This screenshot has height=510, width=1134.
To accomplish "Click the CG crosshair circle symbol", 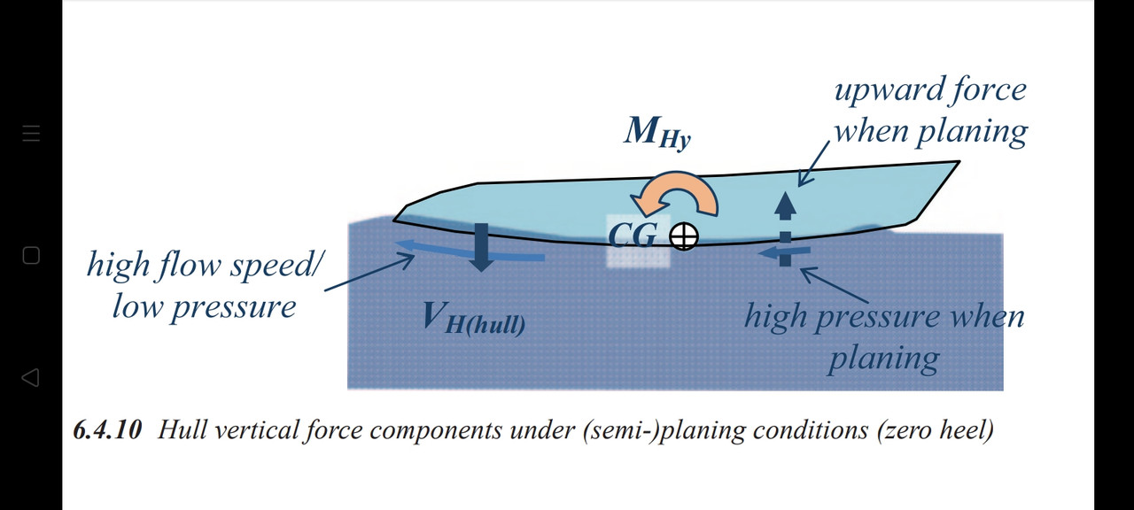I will point(683,236).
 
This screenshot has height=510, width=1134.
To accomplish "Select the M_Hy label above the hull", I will point(656,133).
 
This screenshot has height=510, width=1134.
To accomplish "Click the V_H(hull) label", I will point(473,319).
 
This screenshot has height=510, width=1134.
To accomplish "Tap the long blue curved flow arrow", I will point(469,251).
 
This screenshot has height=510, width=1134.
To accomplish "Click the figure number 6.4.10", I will point(107,431).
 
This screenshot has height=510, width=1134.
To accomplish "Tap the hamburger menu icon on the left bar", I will point(31,134).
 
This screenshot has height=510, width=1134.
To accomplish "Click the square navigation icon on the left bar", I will point(31,256).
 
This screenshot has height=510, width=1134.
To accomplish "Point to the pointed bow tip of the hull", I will point(959,163).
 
